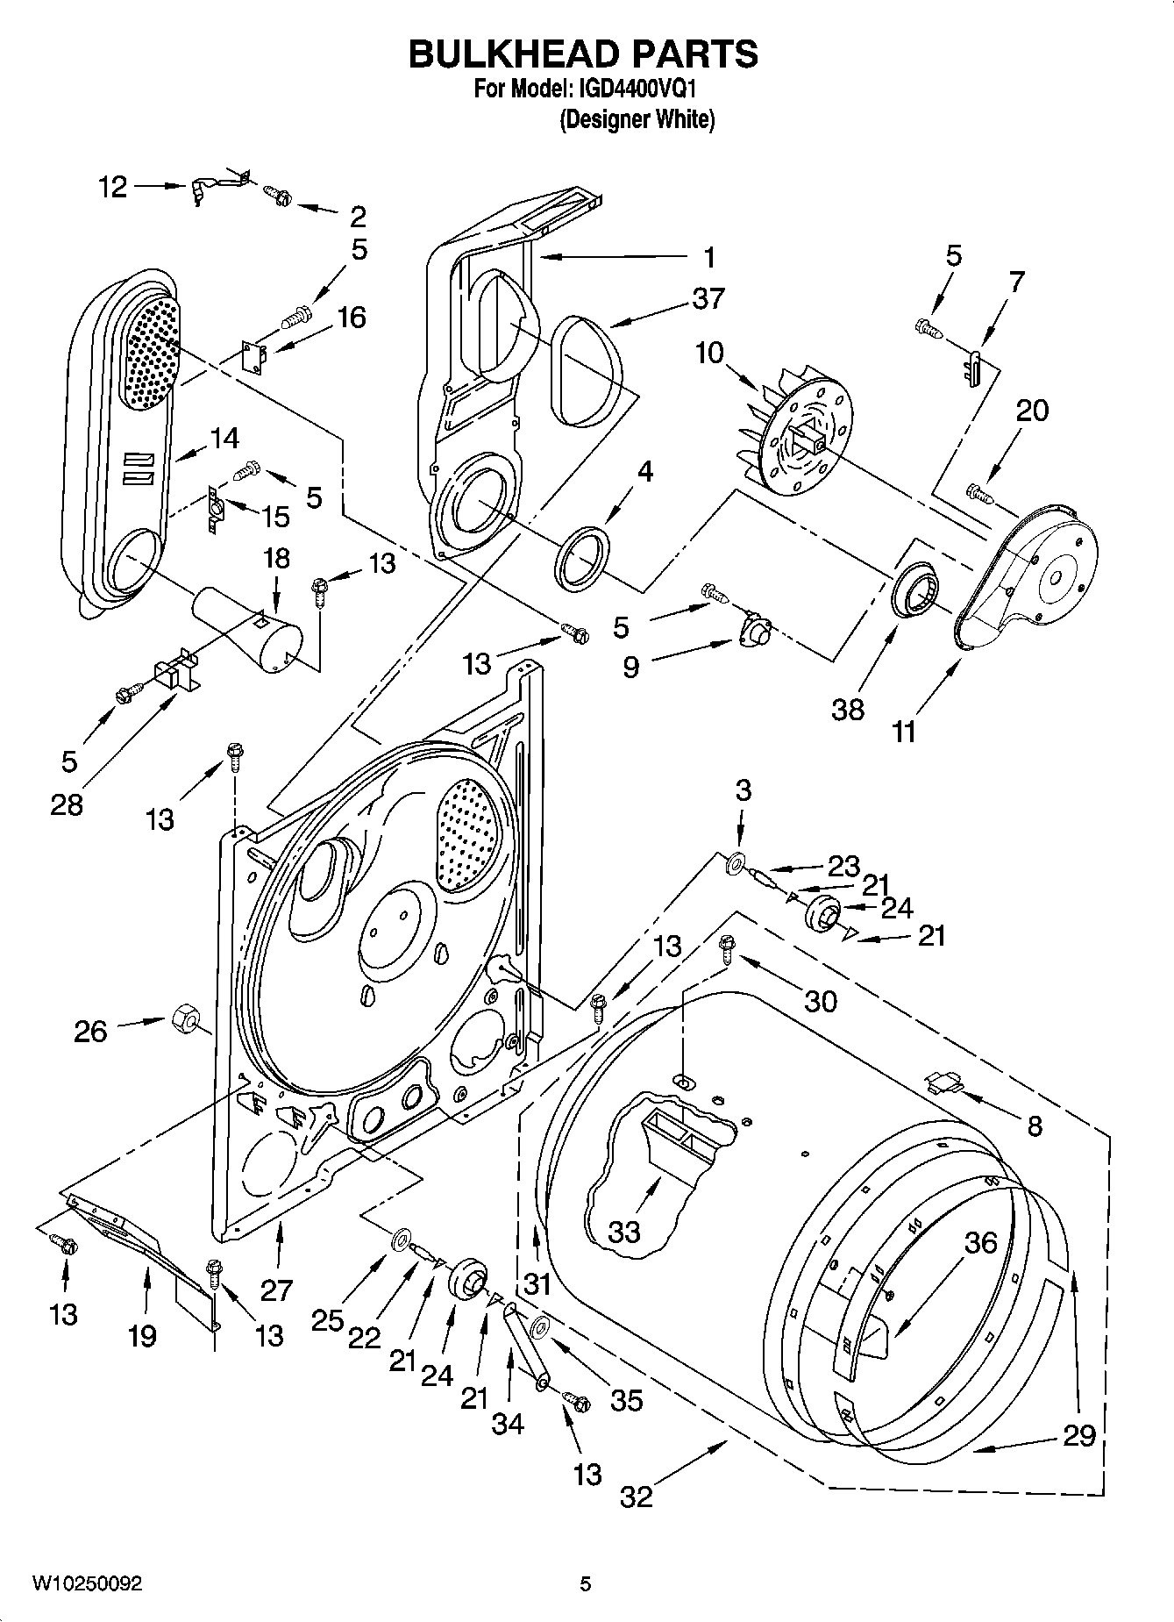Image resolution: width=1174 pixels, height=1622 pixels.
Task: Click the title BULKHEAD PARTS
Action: click(x=583, y=54)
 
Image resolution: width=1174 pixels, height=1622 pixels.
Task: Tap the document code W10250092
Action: click(x=87, y=1583)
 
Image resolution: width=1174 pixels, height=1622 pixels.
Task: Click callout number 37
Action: click(x=708, y=299)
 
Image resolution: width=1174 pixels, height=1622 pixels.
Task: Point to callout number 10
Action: click(x=709, y=353)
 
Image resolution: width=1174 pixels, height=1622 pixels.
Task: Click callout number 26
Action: click(x=90, y=1031)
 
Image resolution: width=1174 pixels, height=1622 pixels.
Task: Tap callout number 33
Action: click(x=624, y=1232)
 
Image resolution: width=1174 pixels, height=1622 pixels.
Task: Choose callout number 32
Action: click(x=637, y=1496)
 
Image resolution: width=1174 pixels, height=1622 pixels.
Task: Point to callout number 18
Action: click(x=276, y=558)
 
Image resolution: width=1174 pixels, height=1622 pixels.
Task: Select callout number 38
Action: click(x=848, y=709)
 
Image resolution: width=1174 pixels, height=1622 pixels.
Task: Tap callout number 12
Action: click(x=112, y=187)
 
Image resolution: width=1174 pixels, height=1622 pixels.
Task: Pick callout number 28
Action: click(x=67, y=804)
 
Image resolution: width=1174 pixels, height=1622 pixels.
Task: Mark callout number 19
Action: click(x=142, y=1336)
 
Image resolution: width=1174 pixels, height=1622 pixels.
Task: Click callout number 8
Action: click(x=1035, y=1125)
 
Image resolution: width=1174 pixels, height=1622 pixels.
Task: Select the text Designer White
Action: click(x=637, y=120)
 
